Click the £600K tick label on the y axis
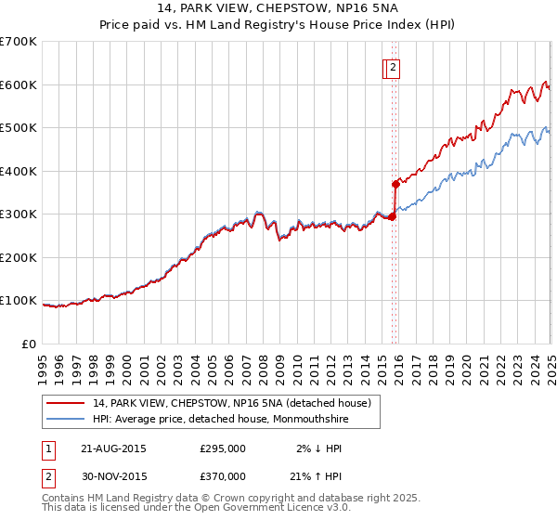tap(19, 84)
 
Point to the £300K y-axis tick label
tap(19, 214)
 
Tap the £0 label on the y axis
tap(30, 344)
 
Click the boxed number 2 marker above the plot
tap(393, 67)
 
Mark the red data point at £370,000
tap(395, 184)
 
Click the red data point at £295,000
tap(391, 216)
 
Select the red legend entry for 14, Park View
tap(231, 403)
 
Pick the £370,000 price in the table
tap(223, 475)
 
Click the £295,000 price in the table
tap(223, 448)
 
